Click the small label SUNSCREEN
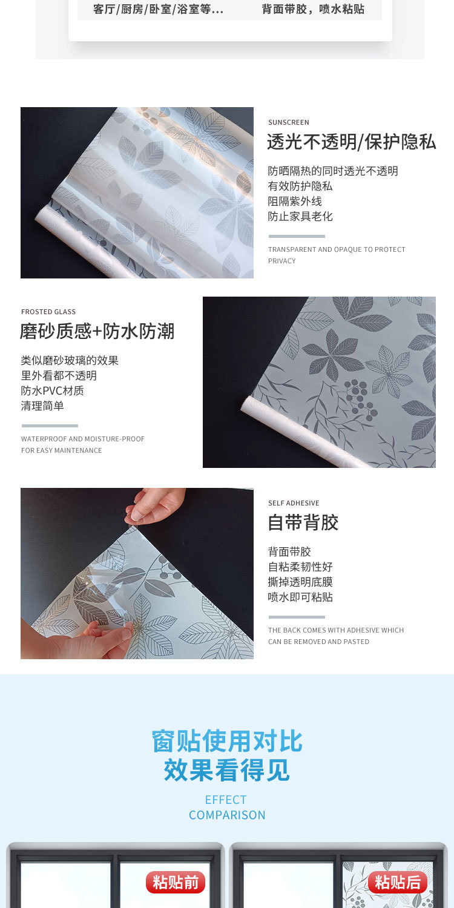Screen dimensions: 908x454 pos(289,122)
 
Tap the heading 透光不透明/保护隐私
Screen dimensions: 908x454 pos(351,142)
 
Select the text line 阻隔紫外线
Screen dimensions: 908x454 pos(295,202)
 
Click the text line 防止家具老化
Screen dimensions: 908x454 pos(300,217)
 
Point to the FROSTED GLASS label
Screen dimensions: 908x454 pos(48,312)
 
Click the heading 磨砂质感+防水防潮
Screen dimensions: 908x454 pos(97,332)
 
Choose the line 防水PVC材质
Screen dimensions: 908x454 pos(52,391)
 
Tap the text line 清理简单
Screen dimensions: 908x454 pos(42,406)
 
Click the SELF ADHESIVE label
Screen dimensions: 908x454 pos(294,503)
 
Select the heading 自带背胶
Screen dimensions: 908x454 pos(303,523)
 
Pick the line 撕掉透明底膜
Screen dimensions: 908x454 pos(300,582)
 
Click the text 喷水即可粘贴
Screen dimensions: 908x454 pos(300,597)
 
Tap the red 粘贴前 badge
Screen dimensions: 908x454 pos(176,883)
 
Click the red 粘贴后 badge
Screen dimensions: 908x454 pos(397,883)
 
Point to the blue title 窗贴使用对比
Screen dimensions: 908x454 pos(227,742)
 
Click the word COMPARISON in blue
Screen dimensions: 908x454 pos(227,815)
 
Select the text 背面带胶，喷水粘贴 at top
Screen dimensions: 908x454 pos(313,10)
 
